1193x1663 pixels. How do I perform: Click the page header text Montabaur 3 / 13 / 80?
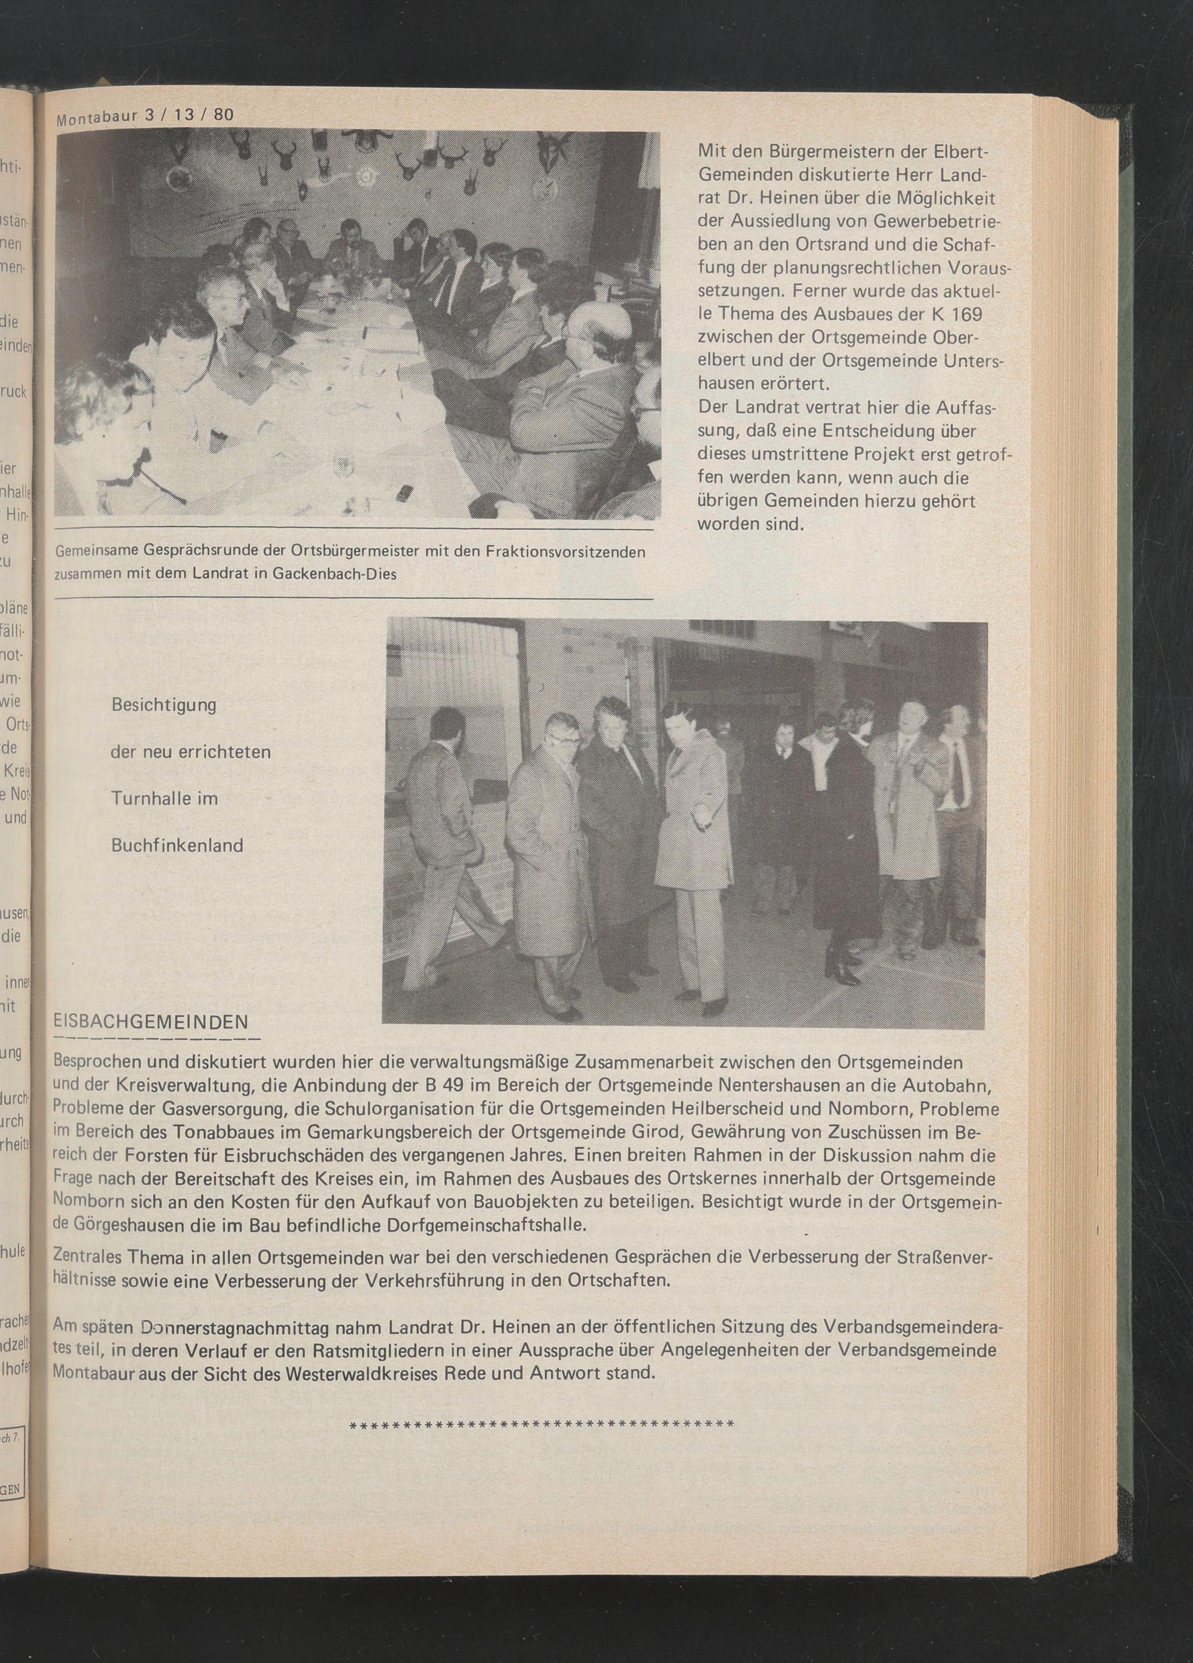click(144, 116)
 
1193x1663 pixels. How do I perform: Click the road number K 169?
click(951, 314)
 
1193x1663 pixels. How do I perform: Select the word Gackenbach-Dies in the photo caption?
click(333, 574)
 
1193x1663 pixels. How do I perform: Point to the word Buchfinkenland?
click(177, 845)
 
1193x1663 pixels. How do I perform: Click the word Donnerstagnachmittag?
click(234, 1327)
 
